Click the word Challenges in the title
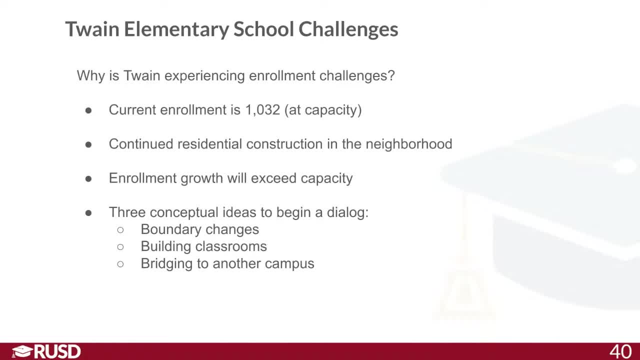coord(348,29)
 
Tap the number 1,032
coord(262,110)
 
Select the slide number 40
coord(620,351)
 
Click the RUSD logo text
coord(57,351)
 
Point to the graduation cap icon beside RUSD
coord(22,351)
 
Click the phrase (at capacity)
coord(323,110)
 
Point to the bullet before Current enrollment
coord(88,110)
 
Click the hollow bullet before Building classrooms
coord(120,246)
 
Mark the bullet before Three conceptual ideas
coord(88,212)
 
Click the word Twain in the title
coord(92,29)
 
